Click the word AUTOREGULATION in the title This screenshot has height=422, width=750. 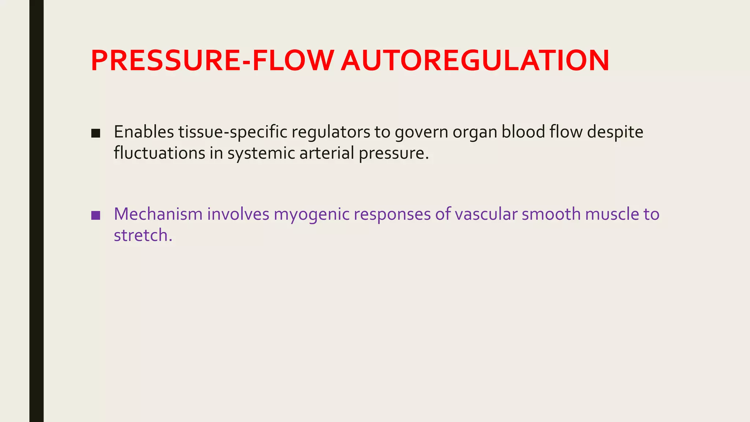[475, 60]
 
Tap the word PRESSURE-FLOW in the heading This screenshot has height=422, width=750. [212, 60]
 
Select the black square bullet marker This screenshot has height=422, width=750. [96, 133]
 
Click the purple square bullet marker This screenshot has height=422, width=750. [96, 215]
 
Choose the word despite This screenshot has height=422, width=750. [615, 132]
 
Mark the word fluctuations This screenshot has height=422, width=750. [159, 153]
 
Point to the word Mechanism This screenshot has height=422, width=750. [158, 214]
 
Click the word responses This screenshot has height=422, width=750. [392, 215]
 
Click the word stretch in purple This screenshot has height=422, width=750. [141, 235]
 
